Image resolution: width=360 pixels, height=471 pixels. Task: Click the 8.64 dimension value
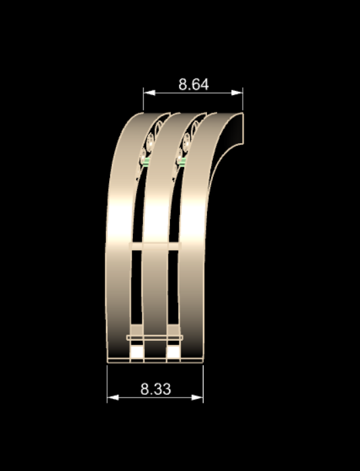193,84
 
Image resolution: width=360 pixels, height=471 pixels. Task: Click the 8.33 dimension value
156,389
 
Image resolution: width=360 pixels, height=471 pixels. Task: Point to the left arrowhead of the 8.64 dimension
150,93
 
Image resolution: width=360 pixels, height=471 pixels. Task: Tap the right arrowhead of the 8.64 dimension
237,93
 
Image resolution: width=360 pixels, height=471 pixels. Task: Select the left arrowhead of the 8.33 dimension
113,397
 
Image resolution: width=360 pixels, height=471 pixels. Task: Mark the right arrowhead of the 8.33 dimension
197,397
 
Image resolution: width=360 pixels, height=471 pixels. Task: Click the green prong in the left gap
147,163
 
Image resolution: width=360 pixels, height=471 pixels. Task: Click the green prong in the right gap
183,161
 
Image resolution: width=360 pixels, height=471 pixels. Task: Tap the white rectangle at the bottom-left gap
137,352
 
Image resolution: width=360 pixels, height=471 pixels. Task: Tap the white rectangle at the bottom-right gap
173,352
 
